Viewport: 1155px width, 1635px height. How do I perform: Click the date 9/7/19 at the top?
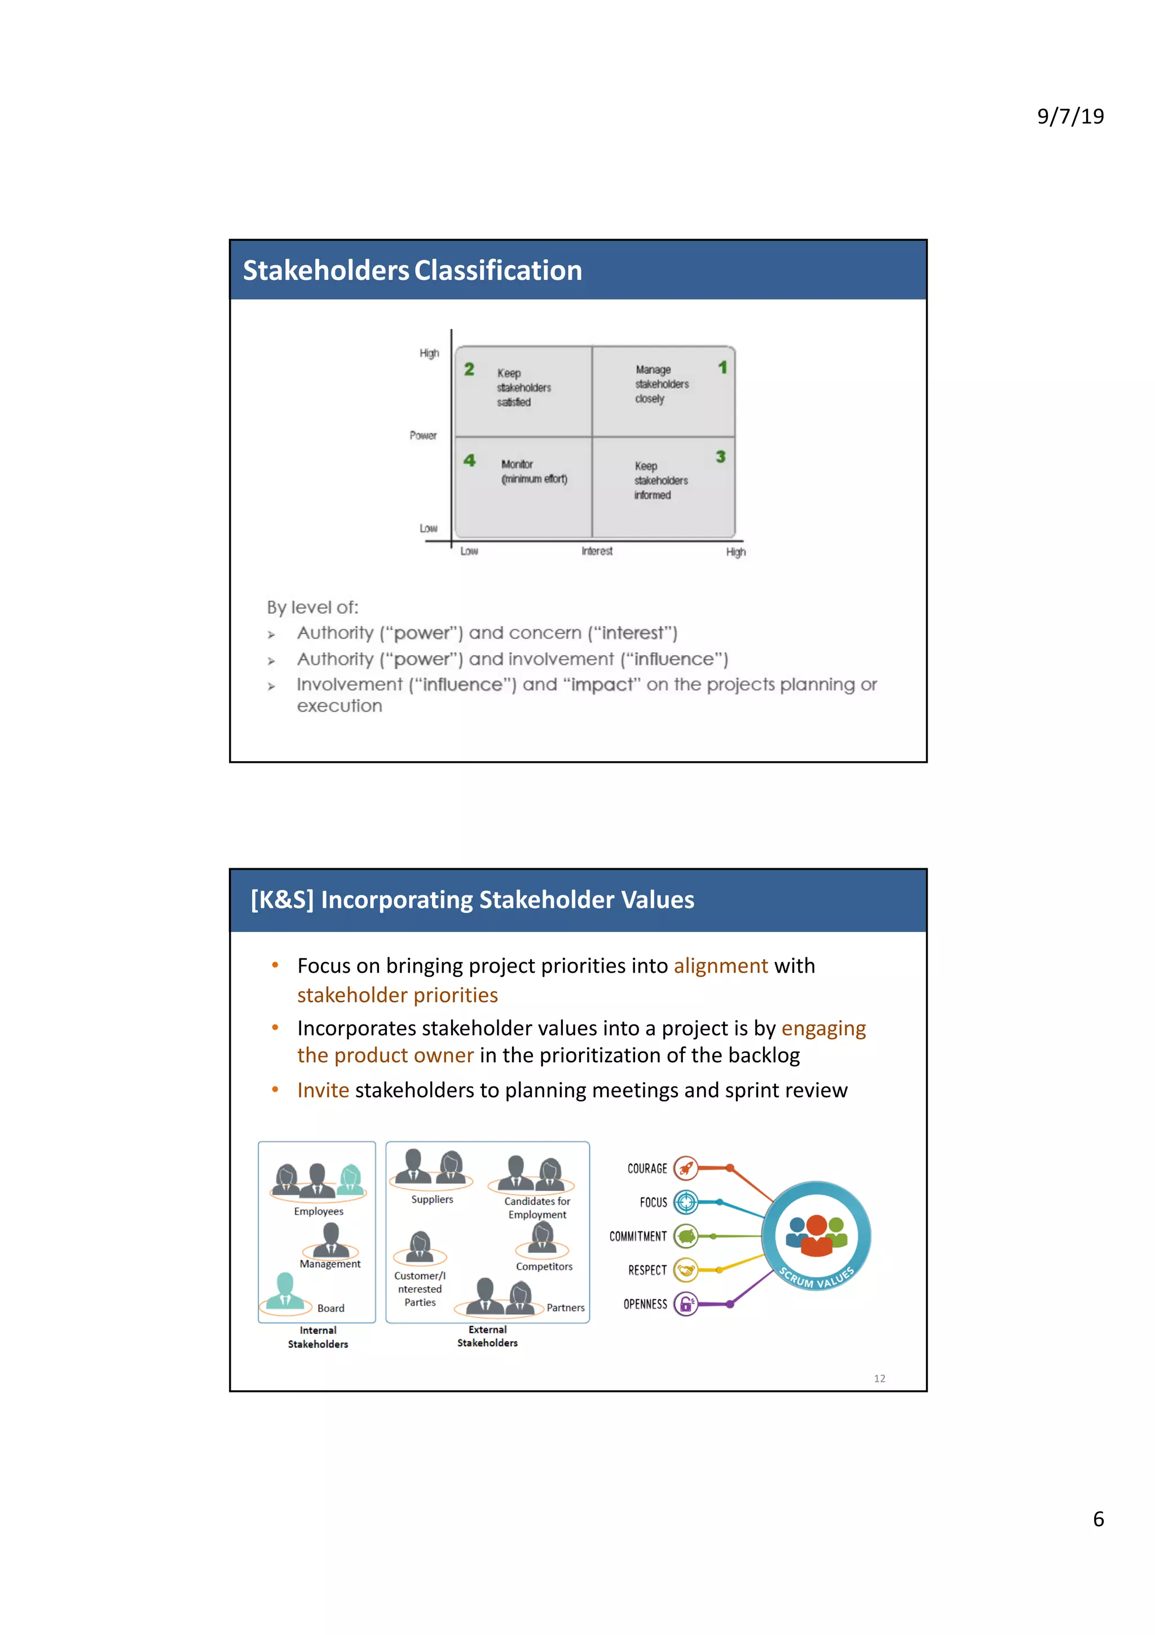pos(1070,116)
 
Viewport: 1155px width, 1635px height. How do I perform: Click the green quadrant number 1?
pos(722,367)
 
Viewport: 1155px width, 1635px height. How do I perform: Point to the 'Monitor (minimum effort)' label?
pos(534,472)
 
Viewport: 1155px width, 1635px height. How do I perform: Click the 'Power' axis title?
pos(423,435)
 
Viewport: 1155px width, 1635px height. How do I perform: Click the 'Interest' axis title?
pos(596,551)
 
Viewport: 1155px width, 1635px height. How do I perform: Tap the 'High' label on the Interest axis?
pos(735,552)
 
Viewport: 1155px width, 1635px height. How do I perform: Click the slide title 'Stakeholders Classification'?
pos(412,271)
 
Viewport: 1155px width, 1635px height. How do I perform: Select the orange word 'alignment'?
pos(720,966)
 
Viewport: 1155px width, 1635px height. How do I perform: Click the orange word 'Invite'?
pos(323,1090)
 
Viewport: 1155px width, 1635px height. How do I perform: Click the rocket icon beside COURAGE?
pos(685,1168)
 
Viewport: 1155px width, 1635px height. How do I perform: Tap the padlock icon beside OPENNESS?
pos(685,1304)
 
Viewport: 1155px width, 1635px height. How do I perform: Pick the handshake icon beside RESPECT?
pos(685,1271)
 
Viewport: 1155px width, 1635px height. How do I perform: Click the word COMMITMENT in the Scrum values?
pos(638,1236)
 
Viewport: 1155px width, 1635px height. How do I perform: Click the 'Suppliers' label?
pos(432,1199)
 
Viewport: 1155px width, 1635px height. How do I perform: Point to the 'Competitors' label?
pos(544,1266)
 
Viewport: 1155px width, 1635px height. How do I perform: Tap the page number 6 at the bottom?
pos(1098,1519)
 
